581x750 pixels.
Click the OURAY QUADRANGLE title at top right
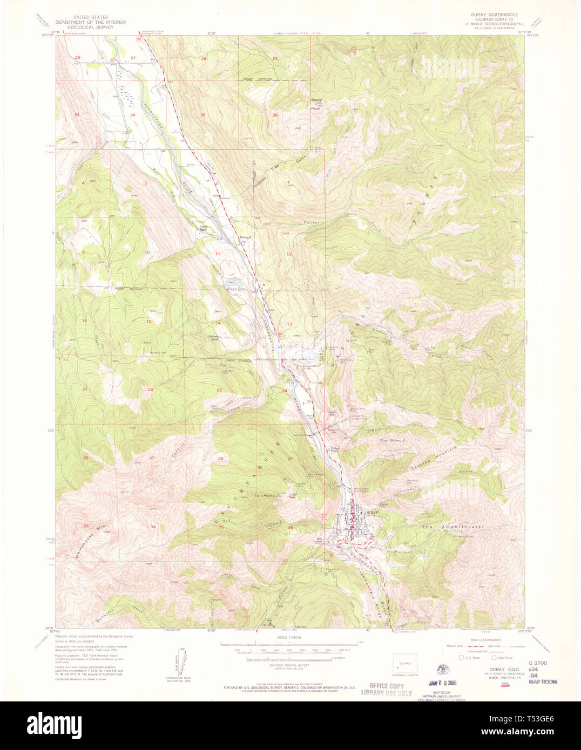pyautogui.click(x=495, y=15)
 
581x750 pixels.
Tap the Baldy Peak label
pyautogui.click(x=317, y=101)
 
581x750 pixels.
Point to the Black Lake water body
pyautogui.click(x=233, y=283)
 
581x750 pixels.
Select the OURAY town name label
pyautogui.click(x=372, y=511)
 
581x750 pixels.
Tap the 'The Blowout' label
pyautogui.click(x=393, y=441)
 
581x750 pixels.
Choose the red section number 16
pyautogui.click(x=84, y=321)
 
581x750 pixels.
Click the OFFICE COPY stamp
pyautogui.click(x=386, y=686)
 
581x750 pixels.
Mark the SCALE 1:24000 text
pyautogui.click(x=290, y=637)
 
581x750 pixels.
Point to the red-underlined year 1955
pyautogui.click(x=505, y=684)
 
